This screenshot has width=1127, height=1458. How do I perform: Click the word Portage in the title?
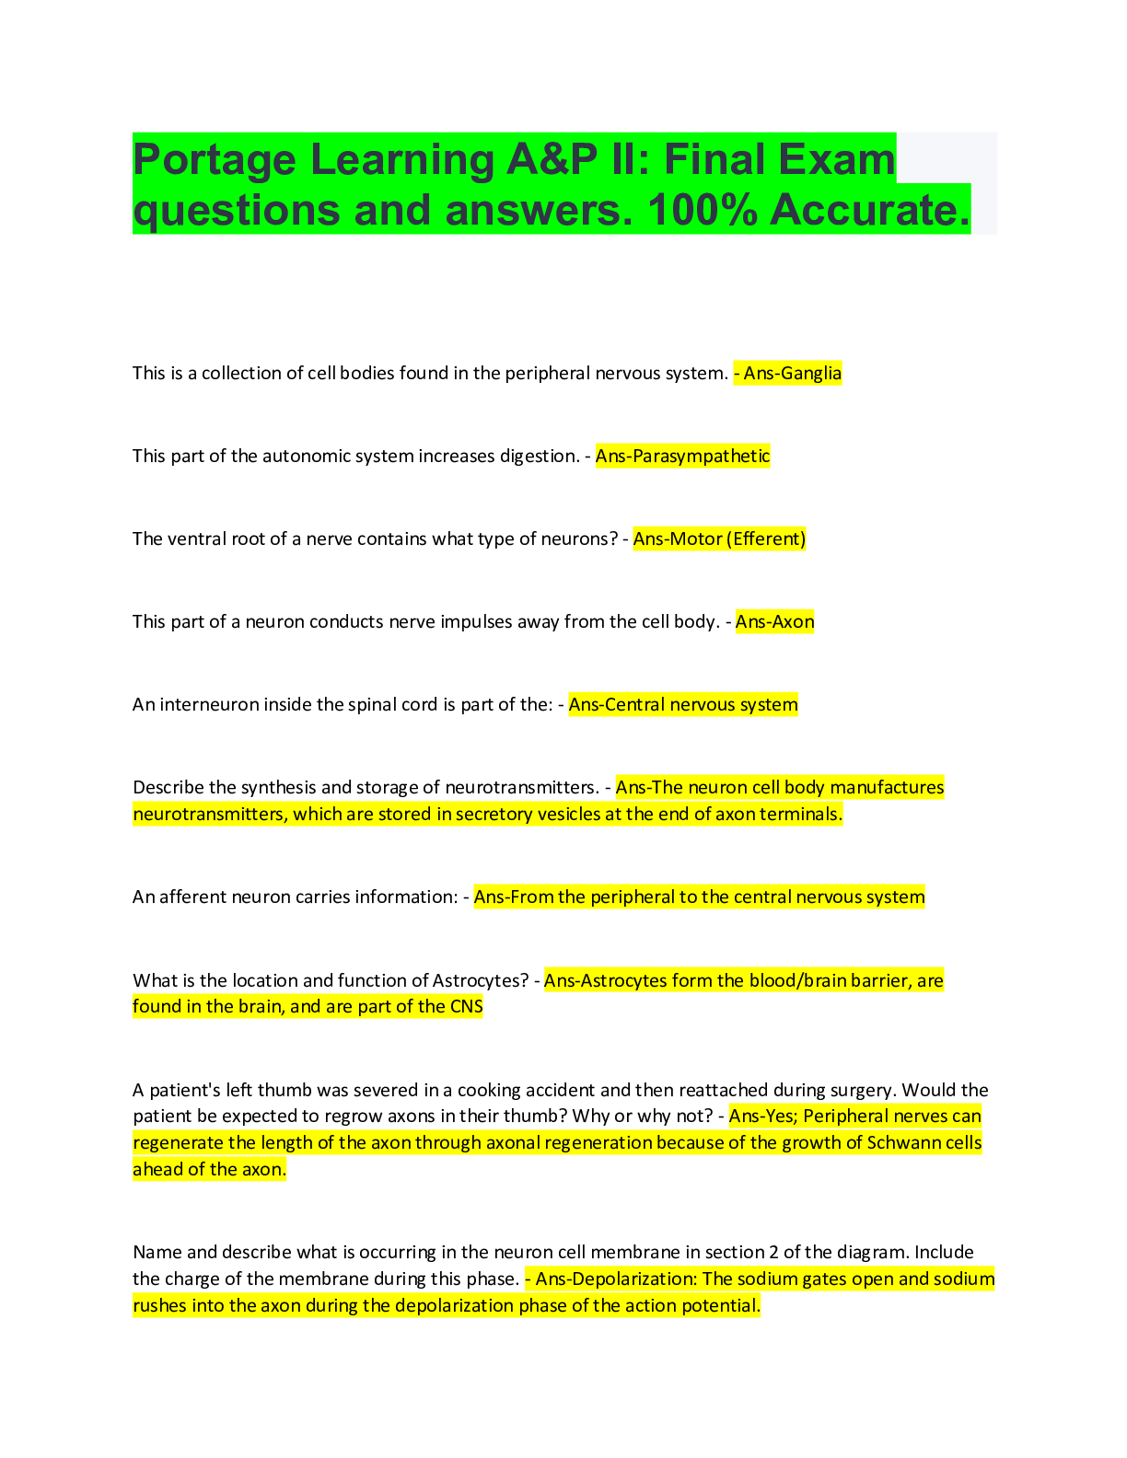click(x=215, y=160)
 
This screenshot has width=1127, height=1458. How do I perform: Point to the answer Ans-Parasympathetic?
click(x=682, y=456)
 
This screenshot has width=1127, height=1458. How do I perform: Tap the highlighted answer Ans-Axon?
click(x=774, y=621)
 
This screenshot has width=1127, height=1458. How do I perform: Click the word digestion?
click(x=539, y=456)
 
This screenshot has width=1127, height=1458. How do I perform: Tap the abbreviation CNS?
click(x=466, y=1006)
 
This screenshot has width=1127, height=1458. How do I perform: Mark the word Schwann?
click(x=904, y=1142)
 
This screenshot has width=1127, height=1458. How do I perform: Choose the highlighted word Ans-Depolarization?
click(x=615, y=1279)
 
